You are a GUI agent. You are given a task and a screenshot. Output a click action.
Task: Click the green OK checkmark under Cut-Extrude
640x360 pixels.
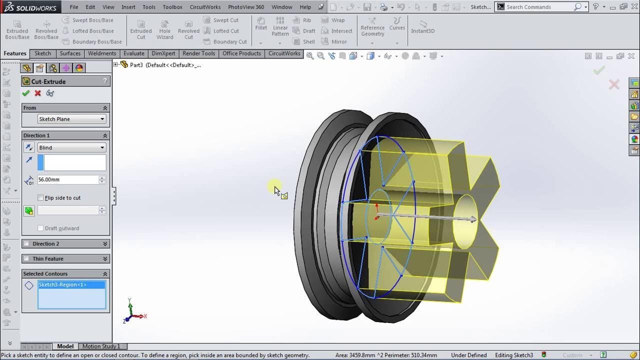pyautogui.click(x=26, y=93)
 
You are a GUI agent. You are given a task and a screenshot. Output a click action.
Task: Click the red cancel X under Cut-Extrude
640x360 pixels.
pyautogui.click(x=37, y=93)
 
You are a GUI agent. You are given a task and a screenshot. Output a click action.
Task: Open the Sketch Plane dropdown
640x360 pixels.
pyautogui.click(x=71, y=119)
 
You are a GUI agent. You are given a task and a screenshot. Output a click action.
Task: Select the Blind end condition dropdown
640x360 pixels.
pyautogui.click(x=71, y=147)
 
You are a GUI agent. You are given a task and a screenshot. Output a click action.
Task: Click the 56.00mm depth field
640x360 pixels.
pyautogui.click(x=67, y=179)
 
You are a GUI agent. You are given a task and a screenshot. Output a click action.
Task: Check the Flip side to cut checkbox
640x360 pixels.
pyautogui.click(x=41, y=198)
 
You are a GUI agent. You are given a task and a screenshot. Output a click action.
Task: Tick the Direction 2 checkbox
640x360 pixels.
pyautogui.click(x=27, y=244)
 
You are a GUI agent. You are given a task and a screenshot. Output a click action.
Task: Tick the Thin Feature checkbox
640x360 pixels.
pyautogui.click(x=27, y=259)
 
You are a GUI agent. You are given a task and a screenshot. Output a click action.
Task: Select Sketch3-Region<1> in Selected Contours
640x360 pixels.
pyautogui.click(x=63, y=285)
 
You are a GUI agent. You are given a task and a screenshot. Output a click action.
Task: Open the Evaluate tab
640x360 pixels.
pyautogui.click(x=133, y=53)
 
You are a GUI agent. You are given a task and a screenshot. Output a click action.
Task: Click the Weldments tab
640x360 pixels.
pyautogui.click(x=102, y=53)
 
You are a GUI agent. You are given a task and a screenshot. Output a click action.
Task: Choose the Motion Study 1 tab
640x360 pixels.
pyautogui.click(x=101, y=346)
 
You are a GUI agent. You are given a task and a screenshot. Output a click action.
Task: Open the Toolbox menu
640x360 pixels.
pyautogui.click(x=172, y=7)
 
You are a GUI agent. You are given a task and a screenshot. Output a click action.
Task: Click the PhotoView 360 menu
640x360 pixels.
pyautogui.click(x=246, y=7)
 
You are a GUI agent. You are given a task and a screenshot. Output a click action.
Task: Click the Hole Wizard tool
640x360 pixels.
pyautogui.click(x=164, y=29)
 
